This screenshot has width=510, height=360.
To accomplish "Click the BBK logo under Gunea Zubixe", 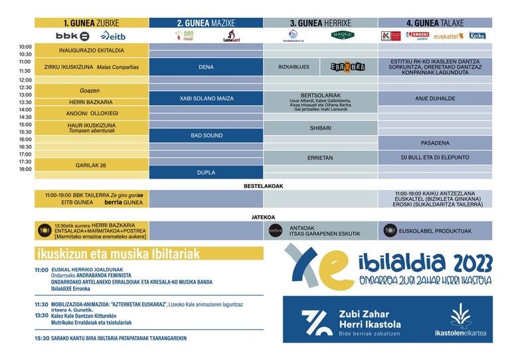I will click(73, 36).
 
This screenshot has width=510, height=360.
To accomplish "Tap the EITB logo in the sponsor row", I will click(113, 36).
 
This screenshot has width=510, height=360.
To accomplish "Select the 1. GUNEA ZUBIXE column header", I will click(92, 22).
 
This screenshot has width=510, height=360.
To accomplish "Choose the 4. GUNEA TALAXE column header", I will click(435, 22).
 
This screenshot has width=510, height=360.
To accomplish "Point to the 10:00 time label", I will click(25, 46).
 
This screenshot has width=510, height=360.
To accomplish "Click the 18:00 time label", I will click(25, 169).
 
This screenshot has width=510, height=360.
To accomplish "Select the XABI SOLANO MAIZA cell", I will click(206, 98).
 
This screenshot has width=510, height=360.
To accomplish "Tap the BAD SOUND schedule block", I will click(206, 135).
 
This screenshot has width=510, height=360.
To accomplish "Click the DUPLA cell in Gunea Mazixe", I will click(206, 172).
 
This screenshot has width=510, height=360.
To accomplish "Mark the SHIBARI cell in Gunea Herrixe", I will click(320, 128).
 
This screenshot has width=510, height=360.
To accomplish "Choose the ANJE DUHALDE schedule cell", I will click(435, 98).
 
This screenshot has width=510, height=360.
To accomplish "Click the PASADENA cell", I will click(435, 143).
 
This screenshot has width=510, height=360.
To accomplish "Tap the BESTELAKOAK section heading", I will click(264, 186).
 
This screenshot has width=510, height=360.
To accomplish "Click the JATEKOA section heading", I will click(264, 216).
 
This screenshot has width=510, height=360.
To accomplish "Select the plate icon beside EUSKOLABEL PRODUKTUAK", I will click(390, 230).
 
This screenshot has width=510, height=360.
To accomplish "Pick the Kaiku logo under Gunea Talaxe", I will click(477, 36).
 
